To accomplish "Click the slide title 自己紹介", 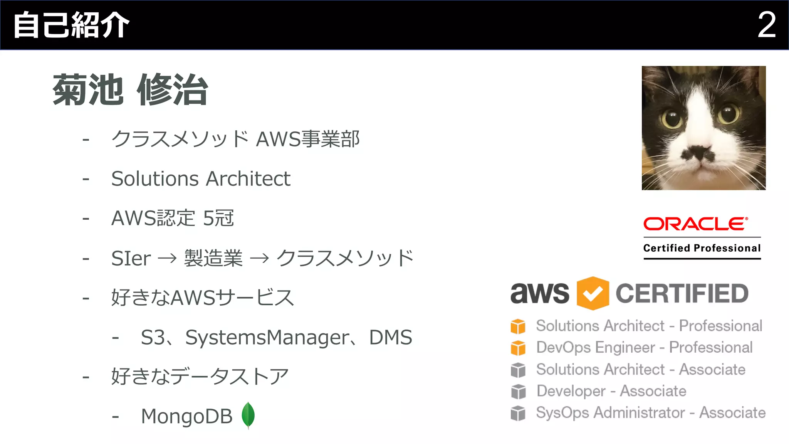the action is click(72, 25).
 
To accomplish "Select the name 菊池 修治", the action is click(130, 90).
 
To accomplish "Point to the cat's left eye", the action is click(672, 118).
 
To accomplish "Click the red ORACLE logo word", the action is click(696, 224).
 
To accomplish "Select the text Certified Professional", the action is click(702, 248).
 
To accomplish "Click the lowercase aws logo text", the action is click(539, 293).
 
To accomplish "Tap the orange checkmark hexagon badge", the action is click(593, 293).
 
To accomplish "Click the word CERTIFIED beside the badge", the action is click(682, 293).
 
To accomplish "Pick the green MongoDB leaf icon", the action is click(248, 415).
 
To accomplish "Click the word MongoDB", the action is click(187, 416).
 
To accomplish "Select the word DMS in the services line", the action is click(390, 337).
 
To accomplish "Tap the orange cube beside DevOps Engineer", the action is click(518, 348).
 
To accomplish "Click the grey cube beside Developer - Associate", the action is click(518, 392).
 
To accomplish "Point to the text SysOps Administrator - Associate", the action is click(651, 413).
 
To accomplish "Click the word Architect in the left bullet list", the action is click(248, 179).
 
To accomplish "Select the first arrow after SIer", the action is click(167, 258).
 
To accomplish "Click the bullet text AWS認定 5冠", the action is click(173, 218).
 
